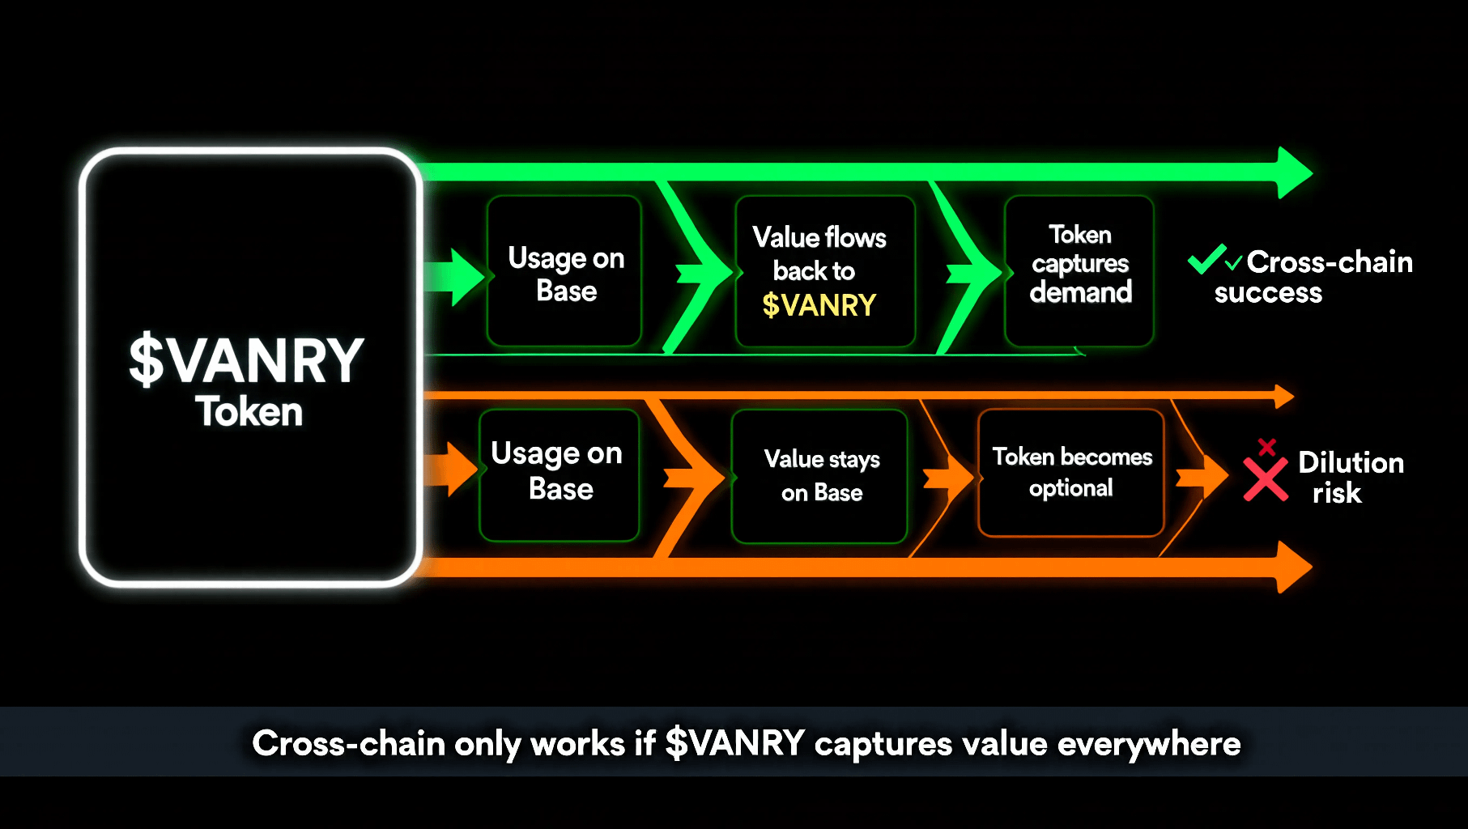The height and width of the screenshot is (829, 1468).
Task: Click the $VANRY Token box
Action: coord(250,367)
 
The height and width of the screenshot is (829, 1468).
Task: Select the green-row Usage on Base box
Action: coord(564,271)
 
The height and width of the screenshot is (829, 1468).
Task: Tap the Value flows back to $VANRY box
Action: coord(825,271)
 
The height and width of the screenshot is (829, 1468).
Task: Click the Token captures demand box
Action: coord(1079,271)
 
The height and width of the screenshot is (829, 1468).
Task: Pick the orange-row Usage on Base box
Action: coord(559,475)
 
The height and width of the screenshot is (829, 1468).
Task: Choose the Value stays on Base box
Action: coord(819,476)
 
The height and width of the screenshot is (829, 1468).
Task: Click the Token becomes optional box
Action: coord(1071,473)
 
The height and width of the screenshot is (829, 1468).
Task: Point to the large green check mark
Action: coord(1206,259)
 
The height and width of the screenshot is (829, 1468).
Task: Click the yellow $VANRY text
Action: coord(819,305)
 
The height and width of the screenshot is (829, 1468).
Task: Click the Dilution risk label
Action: coord(1351,478)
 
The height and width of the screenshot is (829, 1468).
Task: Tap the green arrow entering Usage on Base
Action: coord(455,277)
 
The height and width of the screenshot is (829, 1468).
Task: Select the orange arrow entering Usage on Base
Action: coord(452,469)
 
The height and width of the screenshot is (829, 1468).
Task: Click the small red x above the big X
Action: coord(1267,447)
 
